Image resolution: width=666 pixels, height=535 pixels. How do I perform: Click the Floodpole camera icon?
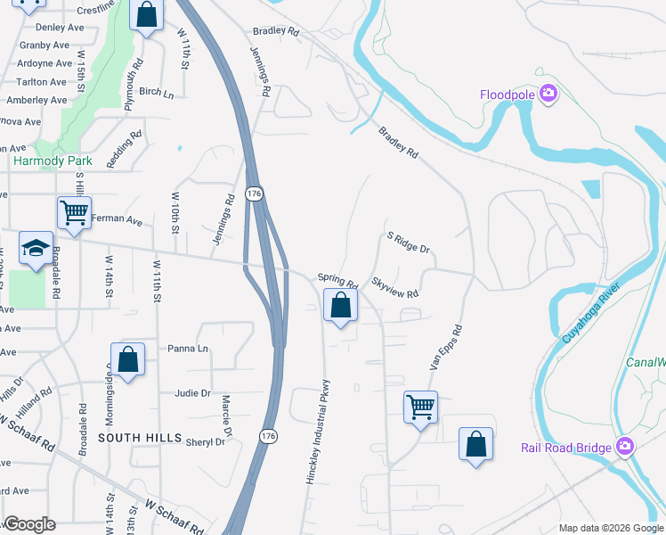548,94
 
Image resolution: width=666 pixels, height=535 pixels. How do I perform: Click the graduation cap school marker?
35,249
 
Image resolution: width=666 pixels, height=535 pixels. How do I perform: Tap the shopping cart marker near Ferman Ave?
74,213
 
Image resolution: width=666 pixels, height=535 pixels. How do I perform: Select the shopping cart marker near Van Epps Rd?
419,407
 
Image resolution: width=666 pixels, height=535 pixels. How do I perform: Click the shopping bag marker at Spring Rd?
339,306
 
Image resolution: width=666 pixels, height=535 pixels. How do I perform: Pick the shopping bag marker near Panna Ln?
128,359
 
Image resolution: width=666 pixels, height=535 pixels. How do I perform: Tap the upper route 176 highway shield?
255,193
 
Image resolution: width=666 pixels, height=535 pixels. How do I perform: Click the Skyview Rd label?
395,286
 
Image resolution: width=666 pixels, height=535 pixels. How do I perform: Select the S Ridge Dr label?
409,243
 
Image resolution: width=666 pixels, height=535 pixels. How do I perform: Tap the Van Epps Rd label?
447,347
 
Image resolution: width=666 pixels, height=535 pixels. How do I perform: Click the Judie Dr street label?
192,392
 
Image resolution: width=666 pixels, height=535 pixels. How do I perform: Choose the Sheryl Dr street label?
205,441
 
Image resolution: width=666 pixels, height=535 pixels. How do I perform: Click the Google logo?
29,524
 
